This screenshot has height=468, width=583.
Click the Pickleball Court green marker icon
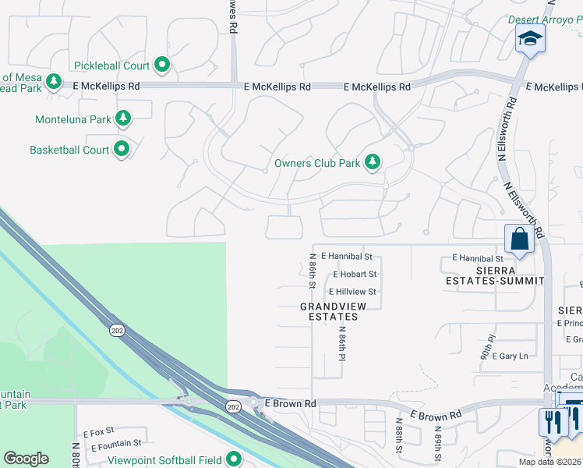162,65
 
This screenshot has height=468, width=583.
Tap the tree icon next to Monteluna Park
122,119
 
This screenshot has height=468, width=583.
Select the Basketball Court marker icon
122,148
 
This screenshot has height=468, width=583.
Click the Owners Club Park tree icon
374,162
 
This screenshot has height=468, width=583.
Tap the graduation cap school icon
530,38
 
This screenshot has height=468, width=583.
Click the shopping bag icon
518,239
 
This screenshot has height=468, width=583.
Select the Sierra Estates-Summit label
494,275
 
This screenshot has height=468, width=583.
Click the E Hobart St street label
355,275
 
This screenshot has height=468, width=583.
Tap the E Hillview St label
352,292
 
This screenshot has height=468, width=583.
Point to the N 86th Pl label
341,343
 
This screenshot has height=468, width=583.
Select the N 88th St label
397,435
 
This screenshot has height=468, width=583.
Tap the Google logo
26,459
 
